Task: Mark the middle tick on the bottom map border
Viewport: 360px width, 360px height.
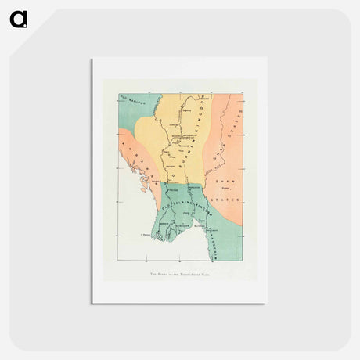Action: point(180,259)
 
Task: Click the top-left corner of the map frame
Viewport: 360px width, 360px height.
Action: point(120,95)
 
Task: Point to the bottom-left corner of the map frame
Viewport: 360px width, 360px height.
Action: point(120,259)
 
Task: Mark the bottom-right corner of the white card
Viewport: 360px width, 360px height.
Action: point(267,302)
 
